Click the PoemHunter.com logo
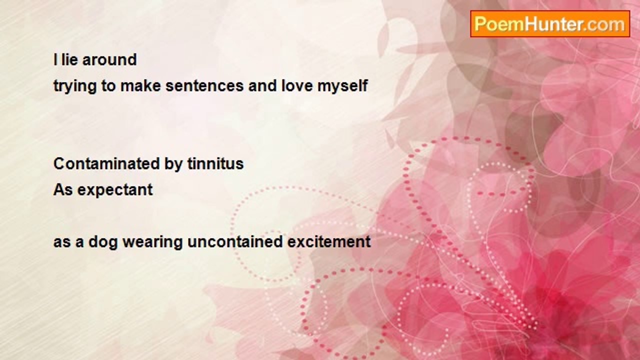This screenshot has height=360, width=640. coord(550,24)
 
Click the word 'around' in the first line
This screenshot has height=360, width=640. coord(109,59)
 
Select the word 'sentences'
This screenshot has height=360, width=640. coord(204,86)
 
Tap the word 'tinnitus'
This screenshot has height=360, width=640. coord(215,163)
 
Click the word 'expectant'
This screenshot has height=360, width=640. coord(115,190)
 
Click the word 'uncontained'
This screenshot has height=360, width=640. coord(235,241)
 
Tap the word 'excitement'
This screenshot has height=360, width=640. coord(329,241)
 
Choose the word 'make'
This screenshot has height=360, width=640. coord(140,85)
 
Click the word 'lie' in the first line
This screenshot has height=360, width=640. coord(69,59)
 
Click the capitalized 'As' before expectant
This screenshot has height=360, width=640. coord(63,189)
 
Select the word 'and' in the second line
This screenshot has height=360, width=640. coord(262,85)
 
